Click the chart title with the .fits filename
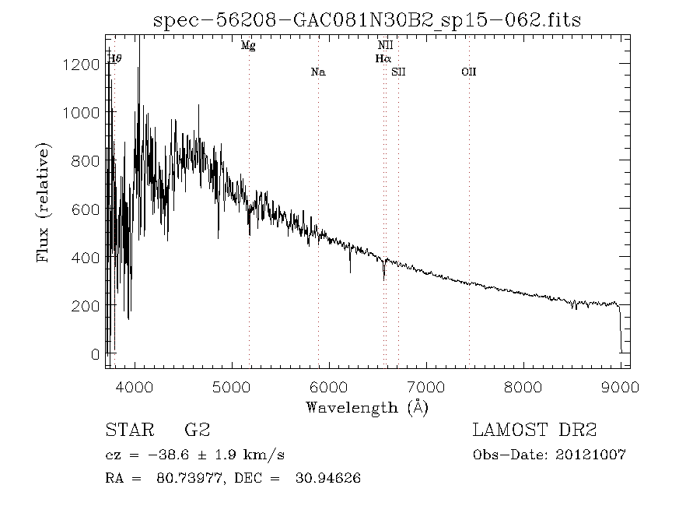pos(367,20)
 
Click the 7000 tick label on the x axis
pos(426,386)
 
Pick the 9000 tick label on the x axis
pos(620,386)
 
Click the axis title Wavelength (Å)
pos(367,407)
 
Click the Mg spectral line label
pos(248,46)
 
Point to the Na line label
pos(317,72)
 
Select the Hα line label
pos(383,58)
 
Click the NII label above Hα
pos(384,46)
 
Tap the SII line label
pos(399,72)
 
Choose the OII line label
pos(468,72)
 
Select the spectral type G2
pos(197,430)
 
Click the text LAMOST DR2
pos(534,430)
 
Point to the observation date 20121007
pos(594,455)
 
